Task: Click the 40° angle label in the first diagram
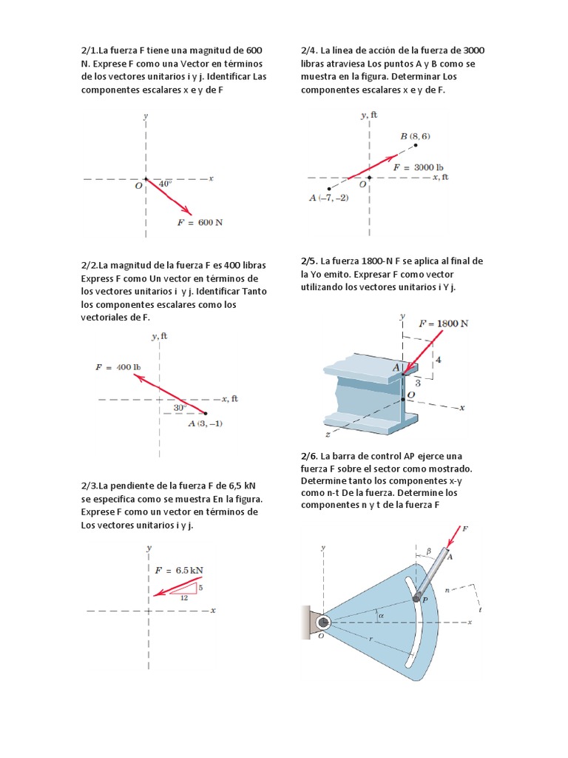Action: pos(165,183)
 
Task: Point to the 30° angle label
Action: pos(180,407)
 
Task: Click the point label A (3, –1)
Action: pos(206,423)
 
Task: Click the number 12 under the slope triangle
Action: pos(183,597)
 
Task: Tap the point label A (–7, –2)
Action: pos(328,198)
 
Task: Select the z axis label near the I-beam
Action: pos(328,435)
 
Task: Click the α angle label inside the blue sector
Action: pos(381,614)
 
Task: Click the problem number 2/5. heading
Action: pos(309,261)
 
